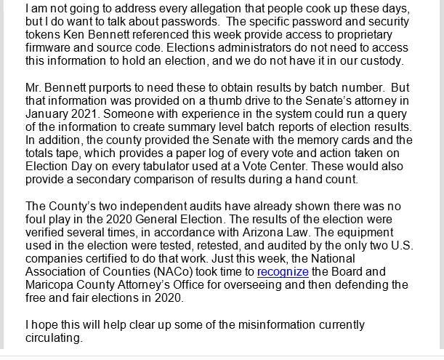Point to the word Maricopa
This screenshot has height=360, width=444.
pyautogui.click(x=53, y=285)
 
